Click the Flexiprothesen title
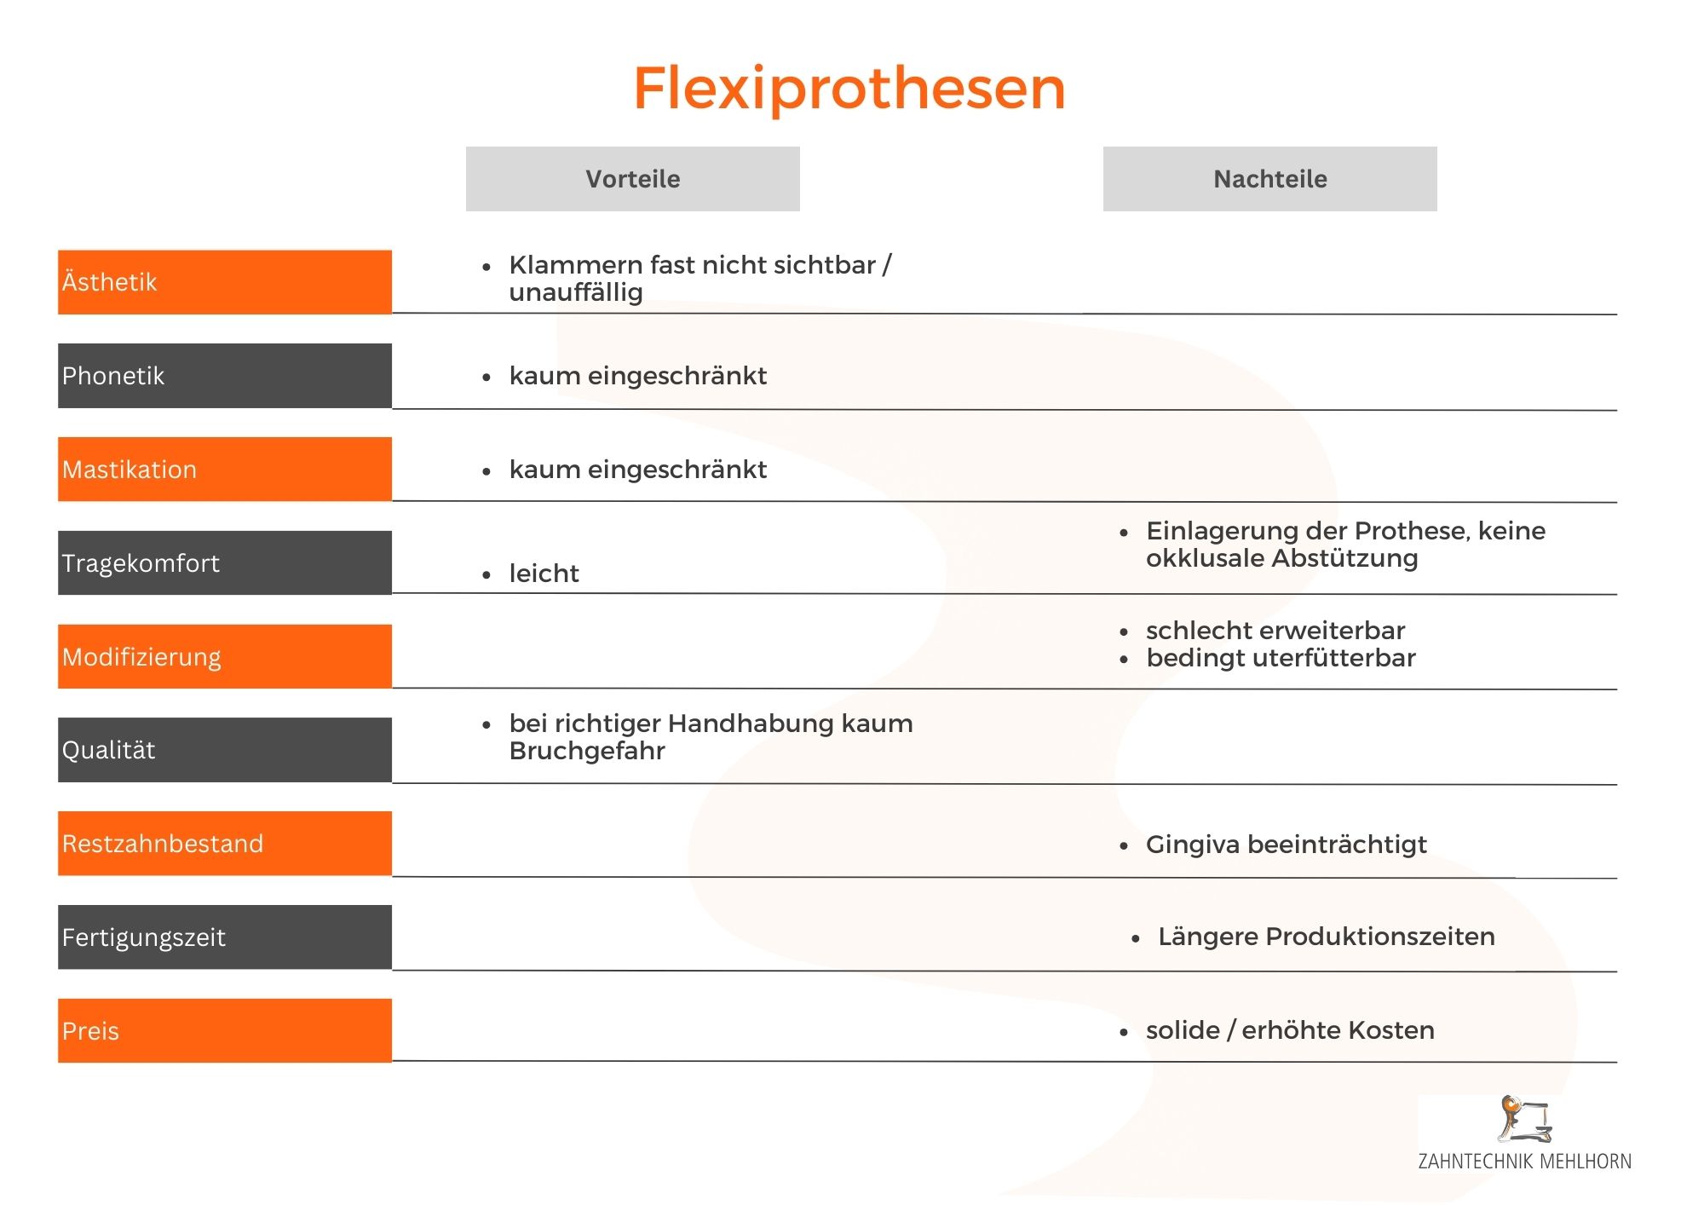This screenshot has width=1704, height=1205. tap(849, 89)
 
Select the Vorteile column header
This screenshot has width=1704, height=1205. tap(632, 179)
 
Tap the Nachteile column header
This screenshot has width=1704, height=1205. tap(1269, 179)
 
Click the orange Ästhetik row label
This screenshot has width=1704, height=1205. tap(225, 282)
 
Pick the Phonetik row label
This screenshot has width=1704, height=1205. tap(225, 376)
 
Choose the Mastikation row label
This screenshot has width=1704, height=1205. tap(225, 470)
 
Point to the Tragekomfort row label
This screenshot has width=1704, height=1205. tap(225, 563)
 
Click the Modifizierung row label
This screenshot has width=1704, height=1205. tap(225, 656)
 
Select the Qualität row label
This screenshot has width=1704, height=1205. tap(225, 750)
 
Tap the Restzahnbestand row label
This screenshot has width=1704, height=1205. tap(225, 844)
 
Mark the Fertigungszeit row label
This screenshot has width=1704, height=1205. tap(225, 937)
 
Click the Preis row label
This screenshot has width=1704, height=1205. tap(225, 1030)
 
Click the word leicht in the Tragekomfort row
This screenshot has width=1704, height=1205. tap(544, 574)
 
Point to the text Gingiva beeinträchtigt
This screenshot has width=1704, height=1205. tap(1286, 845)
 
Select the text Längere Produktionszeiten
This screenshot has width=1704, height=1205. tap(1327, 937)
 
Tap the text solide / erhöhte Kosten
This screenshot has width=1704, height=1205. tap(1290, 1030)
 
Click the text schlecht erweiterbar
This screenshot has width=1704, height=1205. tap(1275, 631)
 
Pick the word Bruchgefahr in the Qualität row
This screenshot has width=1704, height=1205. tap(587, 751)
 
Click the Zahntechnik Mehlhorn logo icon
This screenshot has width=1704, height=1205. tap(1525, 1119)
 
